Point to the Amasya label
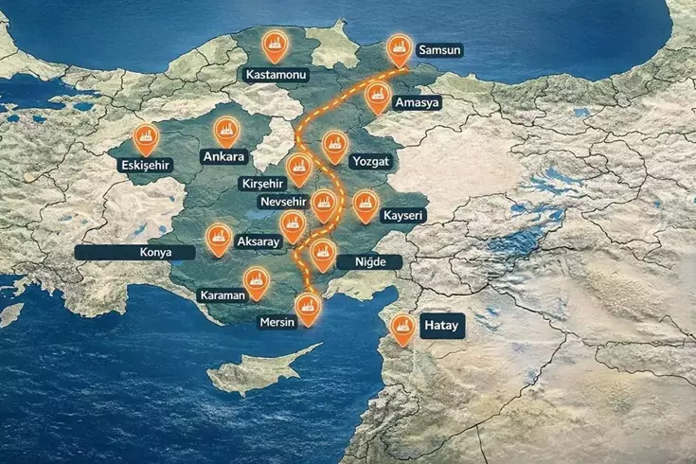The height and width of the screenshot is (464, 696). pyautogui.click(x=418, y=102)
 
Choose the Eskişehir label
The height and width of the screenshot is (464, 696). pyautogui.click(x=144, y=165)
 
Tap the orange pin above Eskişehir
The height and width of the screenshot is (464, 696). pyautogui.click(x=146, y=139)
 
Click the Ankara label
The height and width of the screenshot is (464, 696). pyautogui.click(x=224, y=156)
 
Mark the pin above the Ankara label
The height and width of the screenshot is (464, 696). pyautogui.click(x=225, y=131)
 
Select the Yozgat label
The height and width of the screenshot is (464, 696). pyautogui.click(x=369, y=161)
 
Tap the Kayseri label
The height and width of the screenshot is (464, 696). pyautogui.click(x=403, y=216)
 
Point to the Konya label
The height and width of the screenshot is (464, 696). pyautogui.click(x=134, y=253)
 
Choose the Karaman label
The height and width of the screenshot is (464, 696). pyautogui.click(x=223, y=295)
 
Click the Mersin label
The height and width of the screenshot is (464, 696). pyautogui.click(x=277, y=322)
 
